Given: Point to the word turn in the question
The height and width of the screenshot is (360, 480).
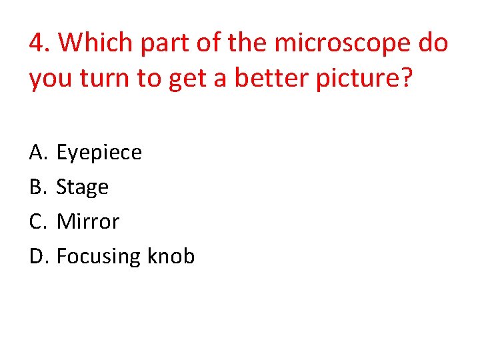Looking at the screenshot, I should [99, 79].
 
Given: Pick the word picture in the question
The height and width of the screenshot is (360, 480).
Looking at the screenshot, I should [361, 79].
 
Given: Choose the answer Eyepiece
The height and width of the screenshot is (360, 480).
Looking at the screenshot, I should [99, 153].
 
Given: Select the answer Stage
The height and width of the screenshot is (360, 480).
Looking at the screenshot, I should [83, 188].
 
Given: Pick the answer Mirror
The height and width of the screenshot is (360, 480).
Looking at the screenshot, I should [88, 221].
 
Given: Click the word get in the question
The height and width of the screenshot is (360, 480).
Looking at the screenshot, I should [181, 79].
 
